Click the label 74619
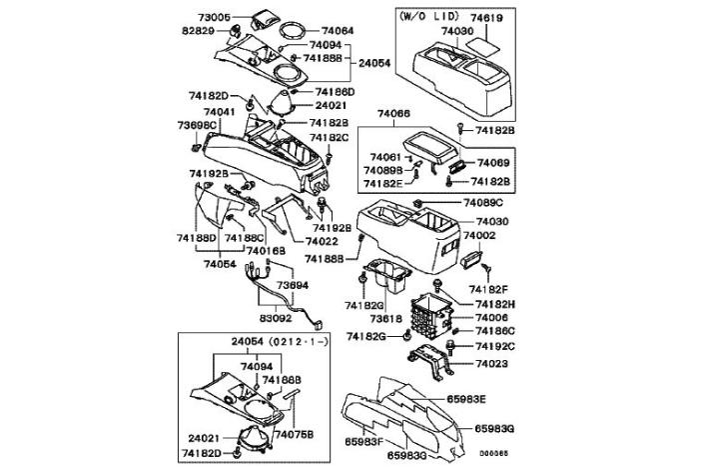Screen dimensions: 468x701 485,18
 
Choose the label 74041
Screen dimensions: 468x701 220,112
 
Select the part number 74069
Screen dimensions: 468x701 493,162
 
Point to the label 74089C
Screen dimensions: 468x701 483,203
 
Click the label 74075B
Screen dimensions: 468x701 293,435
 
